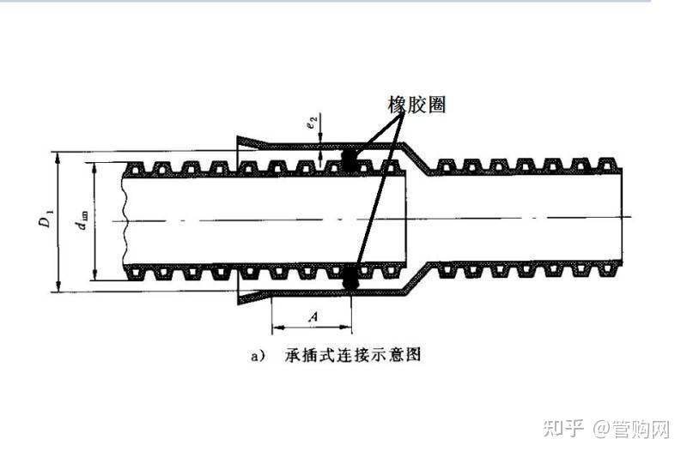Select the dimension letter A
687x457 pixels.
point(313,316)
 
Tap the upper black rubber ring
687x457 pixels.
point(350,159)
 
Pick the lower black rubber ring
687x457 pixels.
point(350,279)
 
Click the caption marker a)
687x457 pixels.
point(255,354)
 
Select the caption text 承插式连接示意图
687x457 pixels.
point(354,354)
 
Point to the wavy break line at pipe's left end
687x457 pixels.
point(125,222)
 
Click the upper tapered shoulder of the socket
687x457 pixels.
point(414,157)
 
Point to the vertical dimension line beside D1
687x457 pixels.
point(58,221)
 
